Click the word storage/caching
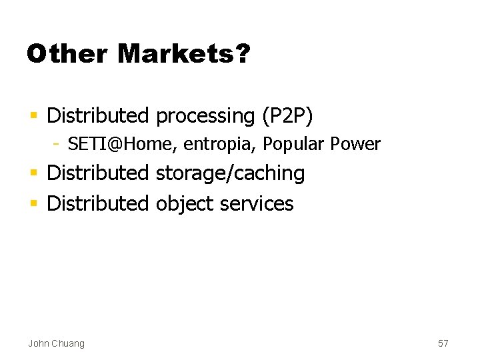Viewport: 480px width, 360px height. [x=230, y=173]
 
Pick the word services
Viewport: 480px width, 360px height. [x=257, y=203]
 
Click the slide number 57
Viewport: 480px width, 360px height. [x=443, y=343]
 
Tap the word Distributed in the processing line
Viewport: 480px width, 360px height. [x=98, y=116]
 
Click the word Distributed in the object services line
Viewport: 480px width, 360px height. [x=98, y=203]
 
